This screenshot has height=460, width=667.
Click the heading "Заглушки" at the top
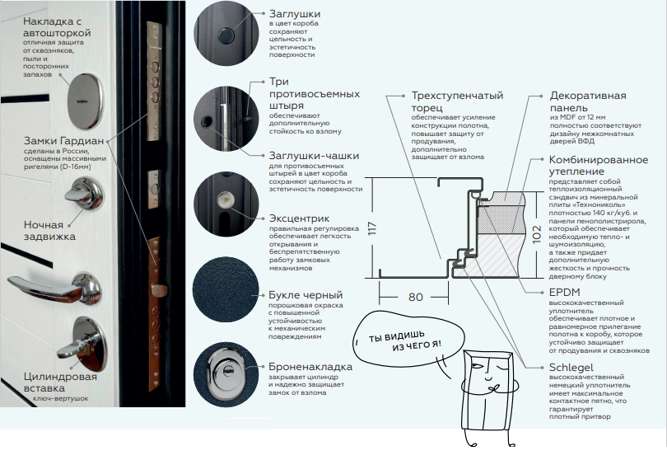point(295,15)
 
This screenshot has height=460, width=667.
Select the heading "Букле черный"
point(306,293)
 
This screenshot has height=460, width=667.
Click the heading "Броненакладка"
point(311,366)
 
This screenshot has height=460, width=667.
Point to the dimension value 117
point(371,225)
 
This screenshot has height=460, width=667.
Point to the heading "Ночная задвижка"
point(50,230)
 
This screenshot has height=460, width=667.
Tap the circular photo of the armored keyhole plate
point(224,376)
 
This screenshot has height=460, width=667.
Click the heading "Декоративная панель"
point(588,101)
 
